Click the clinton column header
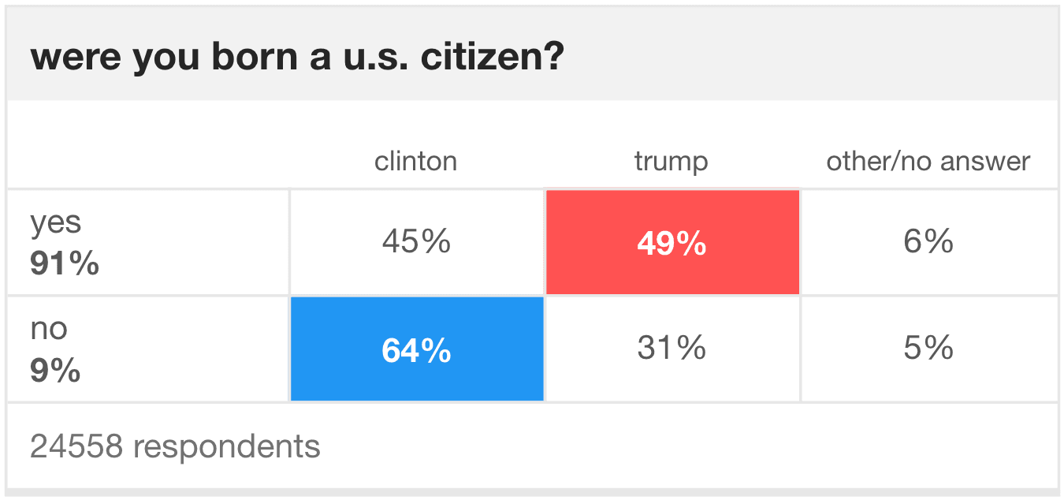click(x=415, y=162)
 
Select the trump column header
click(x=671, y=162)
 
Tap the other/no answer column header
click(x=928, y=162)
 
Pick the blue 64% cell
click(x=416, y=350)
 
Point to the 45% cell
click(x=416, y=242)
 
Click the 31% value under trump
click(x=672, y=348)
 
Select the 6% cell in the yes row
click(x=928, y=242)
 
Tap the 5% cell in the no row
click(x=928, y=348)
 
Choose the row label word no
click(x=49, y=330)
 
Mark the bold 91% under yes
click(x=65, y=264)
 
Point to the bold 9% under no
click(x=55, y=370)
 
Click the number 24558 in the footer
click(x=76, y=446)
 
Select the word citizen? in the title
click(x=493, y=58)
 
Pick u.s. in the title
click(x=374, y=58)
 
